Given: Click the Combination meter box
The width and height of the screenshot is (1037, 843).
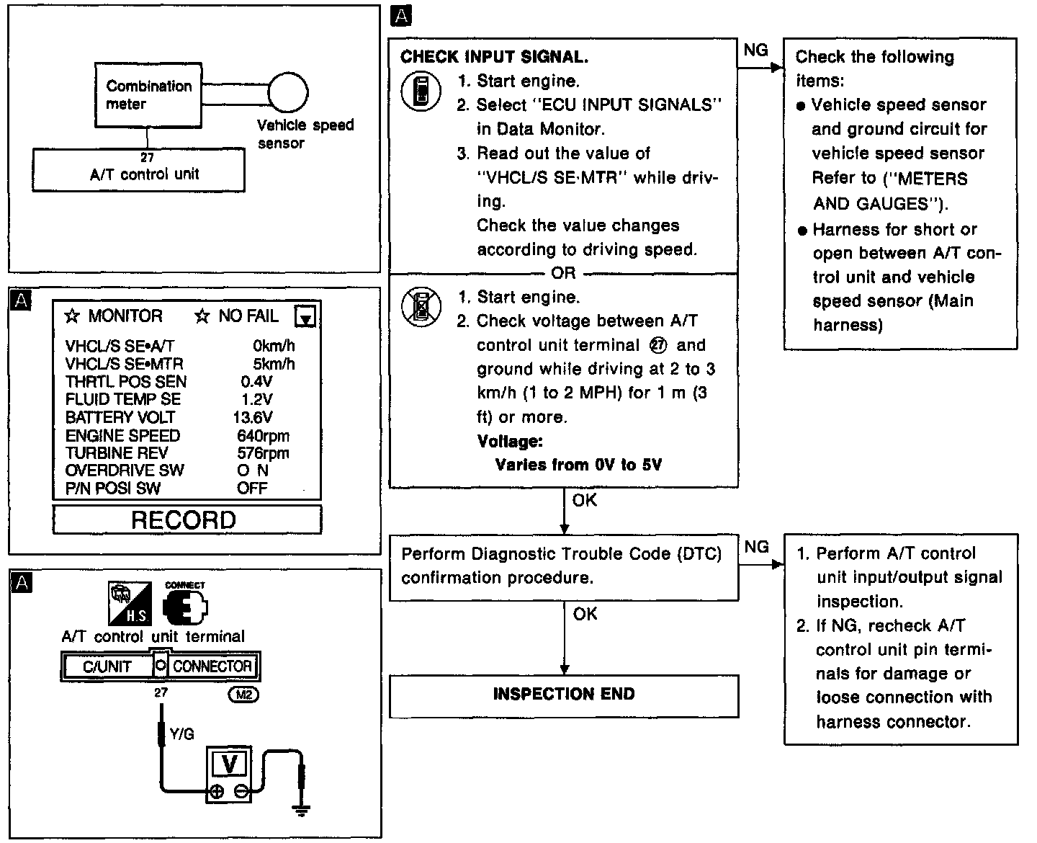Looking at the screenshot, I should click(x=149, y=94).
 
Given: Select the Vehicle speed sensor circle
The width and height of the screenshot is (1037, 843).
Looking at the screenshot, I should click(x=287, y=93).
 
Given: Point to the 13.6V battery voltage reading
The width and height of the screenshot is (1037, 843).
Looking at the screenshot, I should click(x=253, y=417).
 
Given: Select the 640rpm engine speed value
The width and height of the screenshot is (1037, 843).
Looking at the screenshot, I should click(x=263, y=435).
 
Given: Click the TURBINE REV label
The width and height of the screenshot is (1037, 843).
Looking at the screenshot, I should click(x=116, y=453).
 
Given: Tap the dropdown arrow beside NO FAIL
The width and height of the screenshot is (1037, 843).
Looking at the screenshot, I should click(x=306, y=317).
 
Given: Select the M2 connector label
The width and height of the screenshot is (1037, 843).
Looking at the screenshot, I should click(x=243, y=695).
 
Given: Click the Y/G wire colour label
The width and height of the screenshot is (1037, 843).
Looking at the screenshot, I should click(x=181, y=734).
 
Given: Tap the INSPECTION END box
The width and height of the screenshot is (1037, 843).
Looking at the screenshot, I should click(x=564, y=695).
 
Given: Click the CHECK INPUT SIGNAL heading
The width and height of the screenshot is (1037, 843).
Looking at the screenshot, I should click(x=494, y=57).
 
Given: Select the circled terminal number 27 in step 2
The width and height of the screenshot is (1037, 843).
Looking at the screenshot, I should click(x=657, y=345).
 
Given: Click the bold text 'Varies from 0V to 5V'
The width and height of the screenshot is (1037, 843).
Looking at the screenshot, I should click(x=578, y=465).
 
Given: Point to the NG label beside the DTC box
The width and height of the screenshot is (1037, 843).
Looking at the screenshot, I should click(x=756, y=547).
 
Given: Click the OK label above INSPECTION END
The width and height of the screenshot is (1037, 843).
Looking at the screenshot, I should click(x=585, y=614).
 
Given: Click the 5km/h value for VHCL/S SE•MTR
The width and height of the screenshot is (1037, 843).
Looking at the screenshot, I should click(x=274, y=364).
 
